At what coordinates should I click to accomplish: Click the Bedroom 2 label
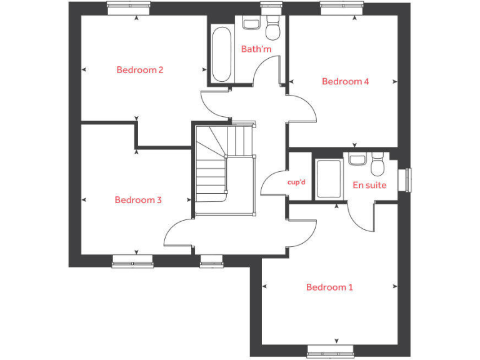coord(139,70)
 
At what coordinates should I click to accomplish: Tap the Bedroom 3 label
coord(138,200)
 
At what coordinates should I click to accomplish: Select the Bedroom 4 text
coord(345,81)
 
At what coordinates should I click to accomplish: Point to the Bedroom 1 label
coord(329,287)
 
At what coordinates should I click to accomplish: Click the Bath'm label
coord(256,48)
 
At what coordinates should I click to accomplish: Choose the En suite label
coord(369,185)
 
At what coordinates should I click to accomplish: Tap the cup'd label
coord(296,182)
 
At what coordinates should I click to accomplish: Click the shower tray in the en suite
coord(328,179)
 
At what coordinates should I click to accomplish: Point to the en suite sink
coord(357,160)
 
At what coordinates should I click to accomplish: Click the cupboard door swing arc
coord(269,184)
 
